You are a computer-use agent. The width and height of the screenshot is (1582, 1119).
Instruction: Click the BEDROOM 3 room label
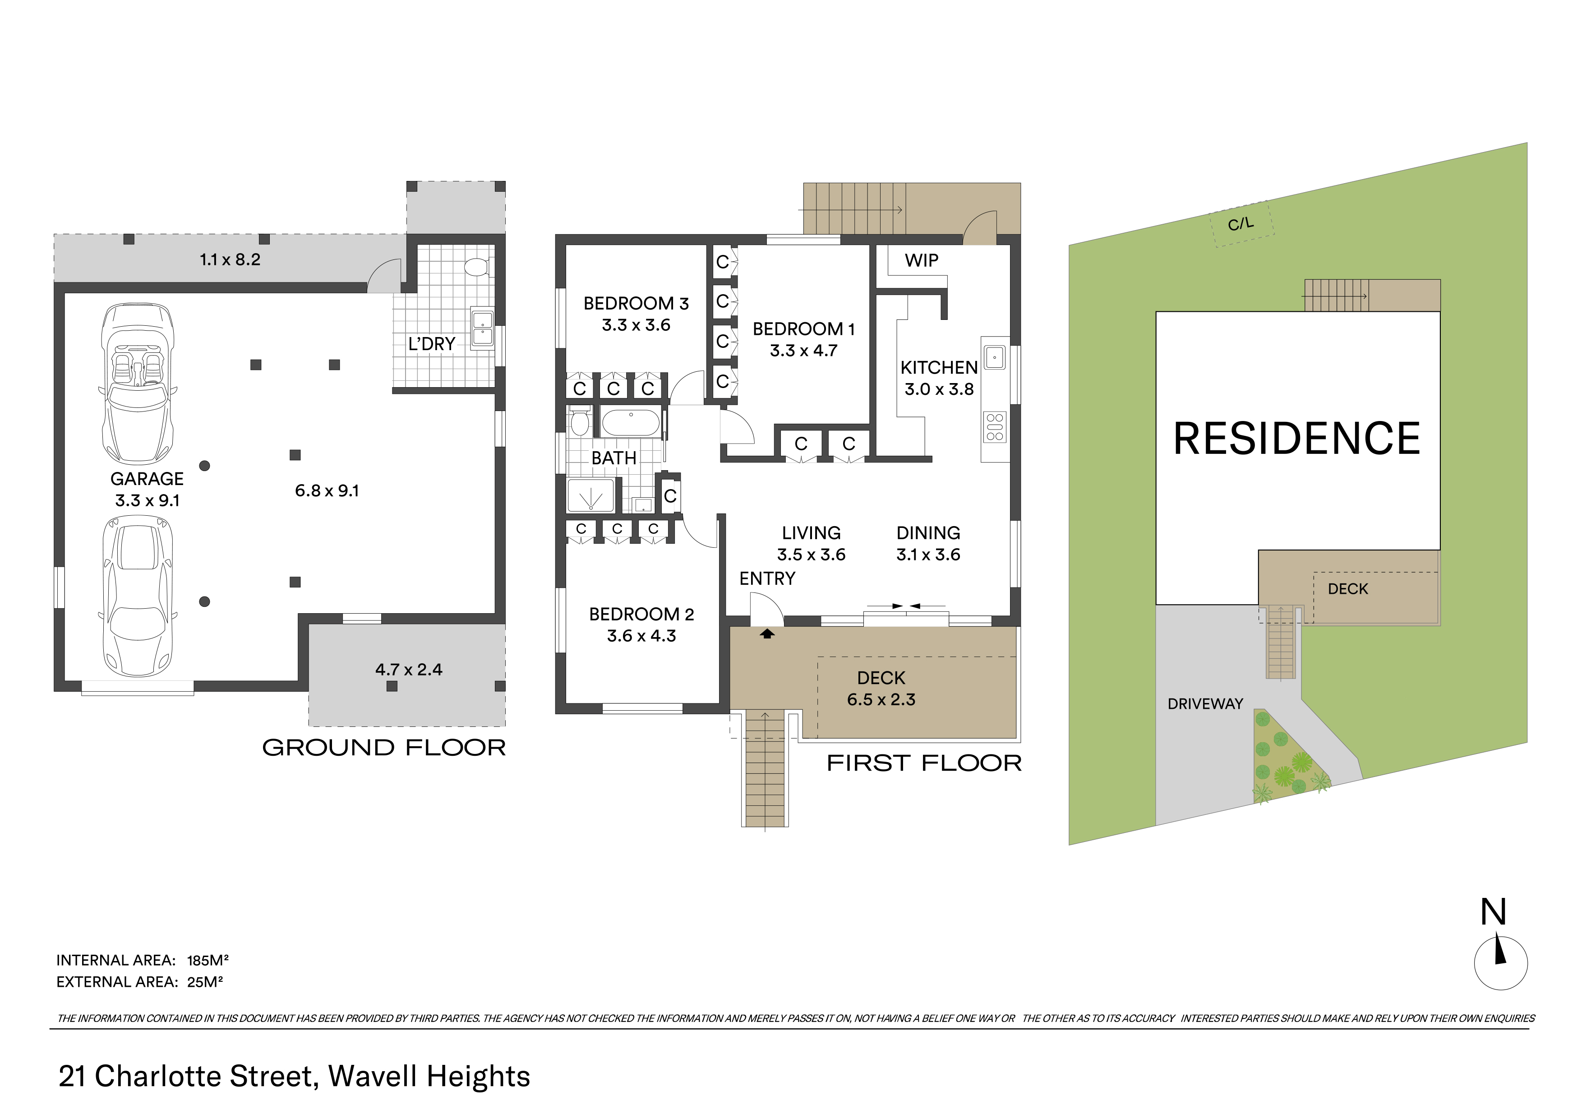(x=636, y=303)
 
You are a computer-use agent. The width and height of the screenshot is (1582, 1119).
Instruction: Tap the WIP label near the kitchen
(x=921, y=260)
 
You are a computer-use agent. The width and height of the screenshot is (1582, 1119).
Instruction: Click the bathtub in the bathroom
(x=631, y=422)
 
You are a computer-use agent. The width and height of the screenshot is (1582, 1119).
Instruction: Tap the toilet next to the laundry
(x=476, y=267)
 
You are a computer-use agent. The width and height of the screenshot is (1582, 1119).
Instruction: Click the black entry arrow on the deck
(x=767, y=633)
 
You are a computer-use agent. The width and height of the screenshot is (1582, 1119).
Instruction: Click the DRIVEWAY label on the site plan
(x=1205, y=703)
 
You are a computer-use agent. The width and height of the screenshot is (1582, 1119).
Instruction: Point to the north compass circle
(x=1501, y=963)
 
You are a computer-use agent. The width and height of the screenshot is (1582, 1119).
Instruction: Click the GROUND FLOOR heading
(x=384, y=748)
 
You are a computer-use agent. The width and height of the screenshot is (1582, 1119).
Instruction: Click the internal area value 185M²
(x=208, y=960)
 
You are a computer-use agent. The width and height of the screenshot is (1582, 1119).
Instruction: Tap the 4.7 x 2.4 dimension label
(x=409, y=669)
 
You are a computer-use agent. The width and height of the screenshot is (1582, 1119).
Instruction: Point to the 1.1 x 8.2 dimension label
(x=230, y=260)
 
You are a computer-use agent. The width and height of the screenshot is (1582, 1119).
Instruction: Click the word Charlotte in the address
(x=203, y=1076)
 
